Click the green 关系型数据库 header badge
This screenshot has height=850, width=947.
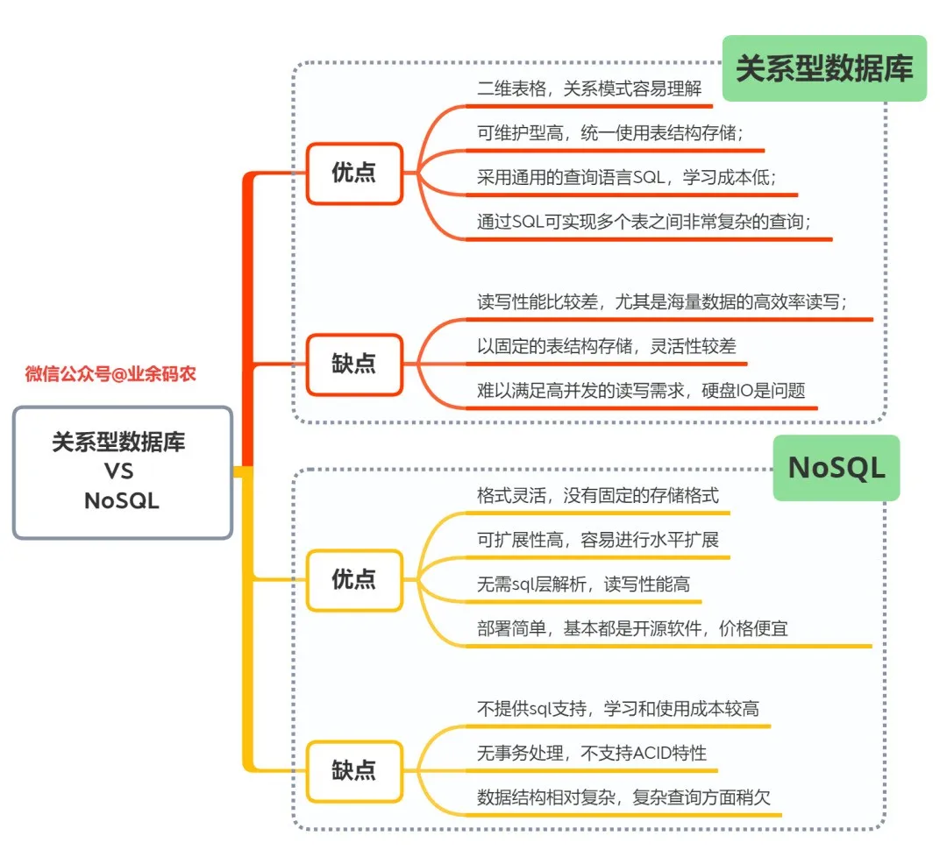[x=824, y=68]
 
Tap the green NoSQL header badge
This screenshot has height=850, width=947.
[x=836, y=468]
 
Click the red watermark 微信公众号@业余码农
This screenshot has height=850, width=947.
[x=110, y=374]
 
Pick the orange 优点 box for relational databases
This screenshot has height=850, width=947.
[x=354, y=174]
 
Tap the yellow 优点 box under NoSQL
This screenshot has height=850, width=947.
[x=354, y=579]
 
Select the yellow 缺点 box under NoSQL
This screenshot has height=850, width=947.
[x=354, y=770]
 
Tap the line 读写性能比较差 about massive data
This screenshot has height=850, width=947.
[x=662, y=301]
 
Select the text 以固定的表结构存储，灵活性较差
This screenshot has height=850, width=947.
[x=606, y=346]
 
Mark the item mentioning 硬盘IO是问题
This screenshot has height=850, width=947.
[x=640, y=391]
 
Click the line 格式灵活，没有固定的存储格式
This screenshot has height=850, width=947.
[x=598, y=495]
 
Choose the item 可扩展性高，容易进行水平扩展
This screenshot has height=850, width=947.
[x=598, y=540]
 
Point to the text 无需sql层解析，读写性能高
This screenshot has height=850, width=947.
[x=589, y=584]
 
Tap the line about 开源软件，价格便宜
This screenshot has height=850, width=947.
[x=632, y=629]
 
